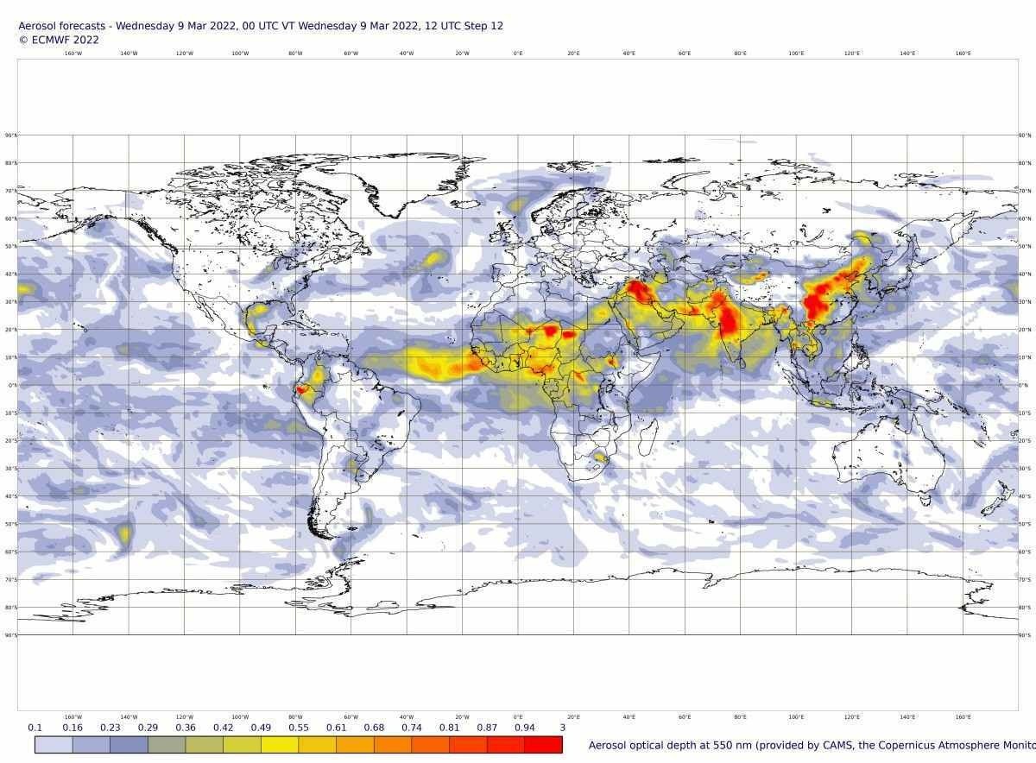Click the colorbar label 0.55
[298, 728]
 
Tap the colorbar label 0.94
[524, 728]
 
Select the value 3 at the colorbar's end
[562, 728]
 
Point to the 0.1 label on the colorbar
[35, 728]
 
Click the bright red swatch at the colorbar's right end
[543, 745]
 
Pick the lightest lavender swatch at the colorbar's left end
[54, 745]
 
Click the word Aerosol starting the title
[38, 26]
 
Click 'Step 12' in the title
[483, 26]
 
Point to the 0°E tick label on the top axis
[518, 54]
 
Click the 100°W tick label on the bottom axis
[240, 717]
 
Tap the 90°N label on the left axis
[10, 136]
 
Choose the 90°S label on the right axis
[1025, 635]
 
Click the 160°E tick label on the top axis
[963, 54]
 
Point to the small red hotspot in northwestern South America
[301, 390]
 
